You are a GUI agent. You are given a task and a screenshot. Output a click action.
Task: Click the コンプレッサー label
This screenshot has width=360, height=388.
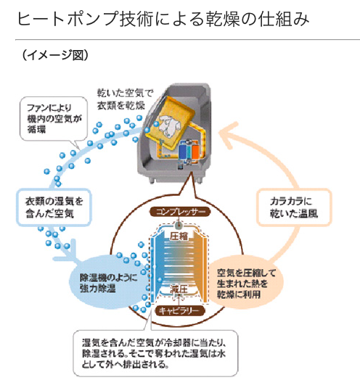[x=180, y=212]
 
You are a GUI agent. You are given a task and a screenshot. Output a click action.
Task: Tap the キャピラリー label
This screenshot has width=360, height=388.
[x=180, y=311]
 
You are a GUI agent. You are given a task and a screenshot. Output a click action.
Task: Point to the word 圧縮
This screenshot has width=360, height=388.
[x=179, y=236]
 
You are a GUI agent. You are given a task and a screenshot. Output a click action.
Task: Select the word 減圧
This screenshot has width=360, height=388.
[x=179, y=289]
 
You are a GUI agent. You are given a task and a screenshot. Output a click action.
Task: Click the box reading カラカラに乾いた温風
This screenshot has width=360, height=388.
[x=294, y=207]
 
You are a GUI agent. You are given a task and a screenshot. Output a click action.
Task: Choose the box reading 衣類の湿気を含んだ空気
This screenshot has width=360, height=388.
[x=54, y=207]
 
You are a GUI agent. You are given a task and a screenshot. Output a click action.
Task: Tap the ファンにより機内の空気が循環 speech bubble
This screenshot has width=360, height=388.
[x=54, y=119]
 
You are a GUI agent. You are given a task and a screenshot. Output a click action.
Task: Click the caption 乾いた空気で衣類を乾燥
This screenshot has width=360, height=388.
[x=125, y=99]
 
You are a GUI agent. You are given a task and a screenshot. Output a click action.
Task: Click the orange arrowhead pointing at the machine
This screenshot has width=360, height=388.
[x=229, y=135]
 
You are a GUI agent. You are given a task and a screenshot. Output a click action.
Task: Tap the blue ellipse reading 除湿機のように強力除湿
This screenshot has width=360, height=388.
[x=107, y=282]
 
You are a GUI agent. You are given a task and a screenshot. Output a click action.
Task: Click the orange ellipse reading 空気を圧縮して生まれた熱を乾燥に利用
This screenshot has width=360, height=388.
[x=246, y=283]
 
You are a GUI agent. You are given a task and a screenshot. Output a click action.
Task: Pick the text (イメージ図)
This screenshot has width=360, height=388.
[x=55, y=55]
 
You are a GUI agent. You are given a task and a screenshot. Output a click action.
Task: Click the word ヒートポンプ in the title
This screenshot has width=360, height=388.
[x=67, y=19]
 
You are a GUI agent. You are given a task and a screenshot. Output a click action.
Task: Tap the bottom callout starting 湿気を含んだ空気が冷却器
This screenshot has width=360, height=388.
[x=155, y=353]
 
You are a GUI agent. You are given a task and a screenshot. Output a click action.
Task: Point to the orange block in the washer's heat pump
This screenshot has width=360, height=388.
[x=195, y=152]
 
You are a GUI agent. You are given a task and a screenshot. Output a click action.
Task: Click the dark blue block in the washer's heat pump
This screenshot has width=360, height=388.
[x=183, y=152]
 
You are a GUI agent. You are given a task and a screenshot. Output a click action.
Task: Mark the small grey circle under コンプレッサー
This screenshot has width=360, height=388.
[x=179, y=226]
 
